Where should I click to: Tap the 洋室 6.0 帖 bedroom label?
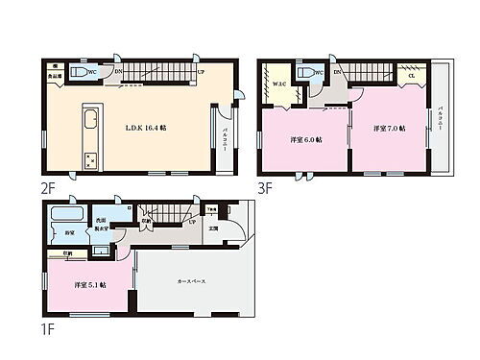[x=306, y=139]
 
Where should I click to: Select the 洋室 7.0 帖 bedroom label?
[x=389, y=128]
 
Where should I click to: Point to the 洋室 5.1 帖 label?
[x=89, y=285]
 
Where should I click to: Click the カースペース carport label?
[x=190, y=279]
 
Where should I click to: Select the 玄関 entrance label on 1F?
[x=213, y=229]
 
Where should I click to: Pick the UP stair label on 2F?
[x=200, y=70]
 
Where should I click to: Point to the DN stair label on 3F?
[x=338, y=71]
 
